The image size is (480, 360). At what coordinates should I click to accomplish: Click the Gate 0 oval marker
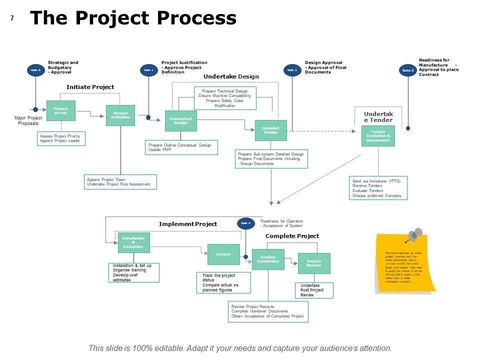pos(35,70)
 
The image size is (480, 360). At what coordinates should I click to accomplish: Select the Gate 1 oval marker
pos(148,70)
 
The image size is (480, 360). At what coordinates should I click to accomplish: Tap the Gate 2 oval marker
pos(292,70)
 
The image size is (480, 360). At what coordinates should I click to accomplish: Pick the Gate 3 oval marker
pos(408,70)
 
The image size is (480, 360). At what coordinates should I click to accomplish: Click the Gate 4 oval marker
pos(245,223)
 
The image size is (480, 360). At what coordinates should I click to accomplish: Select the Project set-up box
pos(61,110)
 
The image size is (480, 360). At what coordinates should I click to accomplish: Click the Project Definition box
pos(120,115)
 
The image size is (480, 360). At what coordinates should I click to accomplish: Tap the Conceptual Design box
pos(180,120)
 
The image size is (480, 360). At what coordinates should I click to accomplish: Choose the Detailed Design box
pos(270,130)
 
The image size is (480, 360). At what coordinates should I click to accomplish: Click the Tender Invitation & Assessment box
pos(378,136)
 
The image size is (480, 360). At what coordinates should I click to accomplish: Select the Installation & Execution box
pos(133,242)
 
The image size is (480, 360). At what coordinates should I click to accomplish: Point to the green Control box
pos(223,254)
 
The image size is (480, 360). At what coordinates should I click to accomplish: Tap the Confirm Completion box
pos(268,259)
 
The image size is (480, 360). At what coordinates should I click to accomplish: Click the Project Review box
pos(314,263)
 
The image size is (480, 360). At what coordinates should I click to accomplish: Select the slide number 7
pos(12,18)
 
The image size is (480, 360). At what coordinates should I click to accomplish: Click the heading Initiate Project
pos(90,87)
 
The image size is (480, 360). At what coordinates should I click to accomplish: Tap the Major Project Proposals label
pos(28,120)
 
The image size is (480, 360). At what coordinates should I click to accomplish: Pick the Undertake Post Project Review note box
pos(313,290)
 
